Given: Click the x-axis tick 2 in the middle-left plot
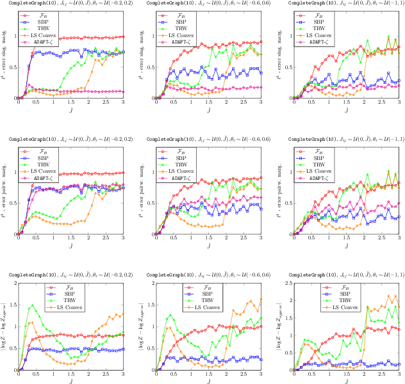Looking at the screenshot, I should tap(88, 239).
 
